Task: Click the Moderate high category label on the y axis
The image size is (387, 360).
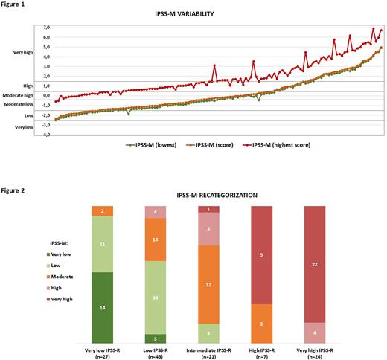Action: pyautogui.click(x=18, y=95)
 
